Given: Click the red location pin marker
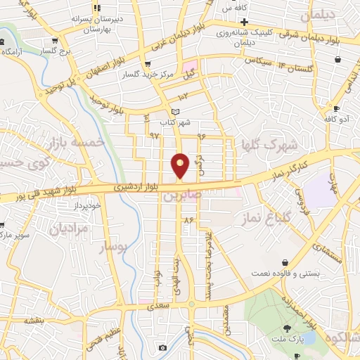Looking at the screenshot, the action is click(180, 165).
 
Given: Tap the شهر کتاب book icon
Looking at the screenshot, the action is click(176, 112).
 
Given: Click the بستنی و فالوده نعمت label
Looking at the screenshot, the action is click(284, 272).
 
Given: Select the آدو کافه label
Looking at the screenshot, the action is click(337, 120).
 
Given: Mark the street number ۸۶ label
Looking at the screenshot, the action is click(188, 220).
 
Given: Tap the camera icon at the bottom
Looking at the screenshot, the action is click(163, 347).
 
